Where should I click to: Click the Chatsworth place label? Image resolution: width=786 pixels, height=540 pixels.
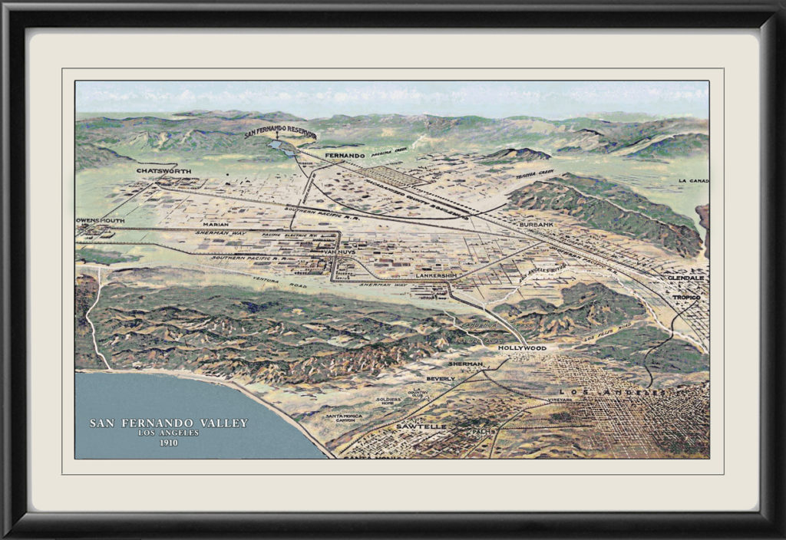click(163, 171)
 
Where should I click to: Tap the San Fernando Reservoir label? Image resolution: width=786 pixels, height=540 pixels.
click(280, 133)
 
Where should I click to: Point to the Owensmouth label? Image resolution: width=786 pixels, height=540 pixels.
click(101, 220)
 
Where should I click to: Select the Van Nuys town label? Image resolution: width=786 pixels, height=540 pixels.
click(339, 252)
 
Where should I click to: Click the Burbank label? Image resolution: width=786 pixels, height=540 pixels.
click(536, 224)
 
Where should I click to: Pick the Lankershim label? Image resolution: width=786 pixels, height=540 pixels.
click(437, 275)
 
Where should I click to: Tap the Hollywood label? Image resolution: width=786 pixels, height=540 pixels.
click(522, 347)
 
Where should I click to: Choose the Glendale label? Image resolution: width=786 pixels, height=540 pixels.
click(685, 278)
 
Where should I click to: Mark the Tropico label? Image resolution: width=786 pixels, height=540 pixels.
click(687, 297)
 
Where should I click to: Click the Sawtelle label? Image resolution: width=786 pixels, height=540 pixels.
click(421, 426)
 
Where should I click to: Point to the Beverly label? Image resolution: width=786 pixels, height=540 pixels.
click(441, 378)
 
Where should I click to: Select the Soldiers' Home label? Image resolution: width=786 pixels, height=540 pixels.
click(389, 401)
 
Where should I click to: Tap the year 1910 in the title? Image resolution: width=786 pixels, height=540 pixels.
click(168, 443)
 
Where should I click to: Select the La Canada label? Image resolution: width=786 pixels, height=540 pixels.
click(693, 181)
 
